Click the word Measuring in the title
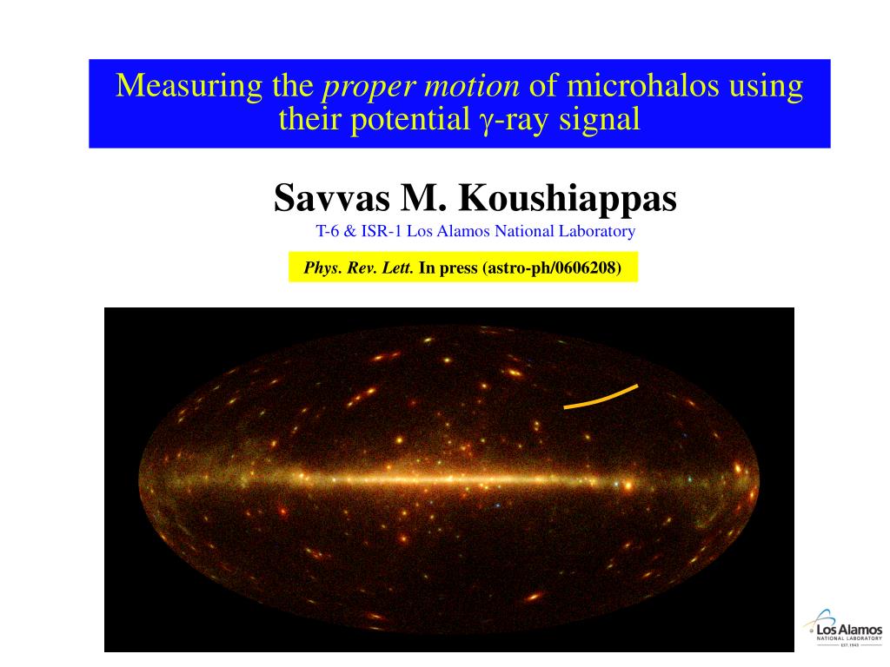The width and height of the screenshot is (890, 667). pyautogui.click(x=189, y=86)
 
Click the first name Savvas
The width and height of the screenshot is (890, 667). pyautogui.click(x=332, y=198)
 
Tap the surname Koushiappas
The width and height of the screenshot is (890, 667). pyautogui.click(x=568, y=200)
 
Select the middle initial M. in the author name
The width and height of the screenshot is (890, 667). pyautogui.click(x=424, y=198)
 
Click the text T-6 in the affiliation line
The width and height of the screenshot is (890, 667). pyautogui.click(x=328, y=231)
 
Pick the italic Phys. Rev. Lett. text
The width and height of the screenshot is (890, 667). pyautogui.click(x=358, y=267)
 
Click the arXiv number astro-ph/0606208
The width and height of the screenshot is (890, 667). pyautogui.click(x=551, y=268)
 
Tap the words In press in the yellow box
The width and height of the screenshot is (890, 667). pyautogui.click(x=448, y=268)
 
